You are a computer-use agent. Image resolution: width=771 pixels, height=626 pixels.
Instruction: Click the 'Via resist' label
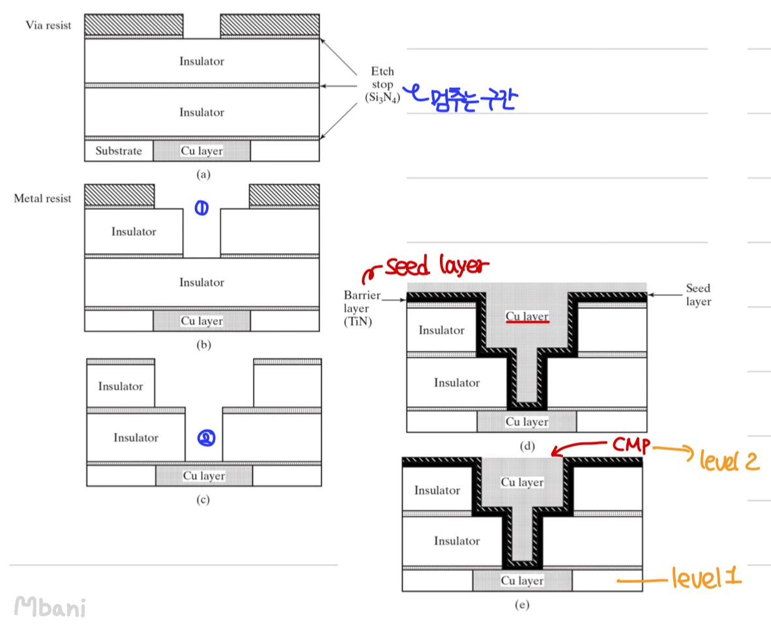(48, 25)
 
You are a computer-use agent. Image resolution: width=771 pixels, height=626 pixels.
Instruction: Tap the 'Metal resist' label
(42, 198)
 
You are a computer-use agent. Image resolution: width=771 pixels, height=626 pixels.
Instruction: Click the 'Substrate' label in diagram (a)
(119, 151)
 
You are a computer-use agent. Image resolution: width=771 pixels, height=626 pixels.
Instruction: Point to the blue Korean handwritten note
(463, 98)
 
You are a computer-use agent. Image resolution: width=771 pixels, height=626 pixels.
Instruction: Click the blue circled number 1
(201, 209)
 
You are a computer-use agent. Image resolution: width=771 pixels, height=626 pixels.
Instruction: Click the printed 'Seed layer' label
(698, 295)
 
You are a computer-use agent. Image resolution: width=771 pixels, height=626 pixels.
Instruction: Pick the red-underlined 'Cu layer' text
(527, 316)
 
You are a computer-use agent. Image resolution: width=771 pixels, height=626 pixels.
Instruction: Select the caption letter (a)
(203, 174)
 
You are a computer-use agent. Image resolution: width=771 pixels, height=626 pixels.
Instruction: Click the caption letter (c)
(203, 500)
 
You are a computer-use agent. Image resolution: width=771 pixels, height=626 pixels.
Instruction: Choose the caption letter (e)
(521, 605)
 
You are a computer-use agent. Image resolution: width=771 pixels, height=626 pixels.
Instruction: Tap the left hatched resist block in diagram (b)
(119, 195)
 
